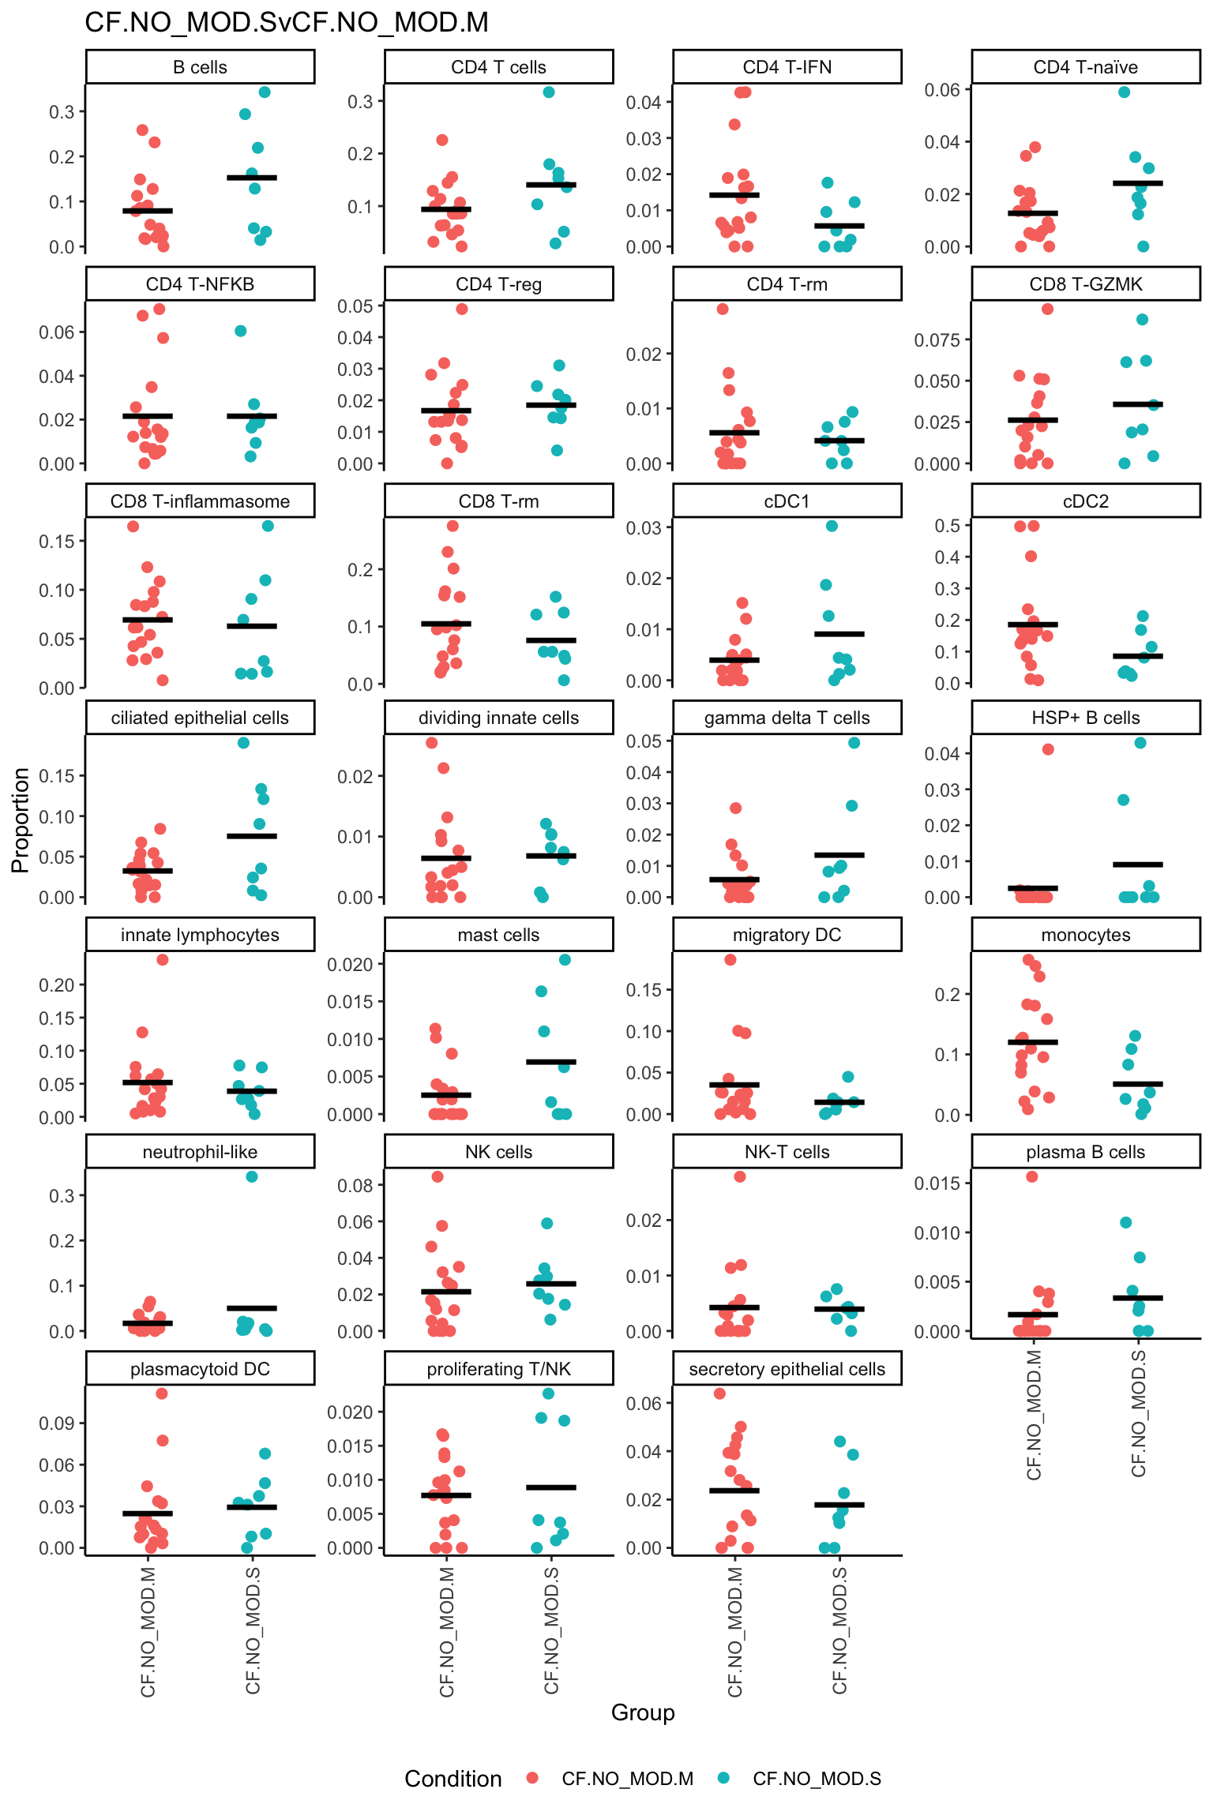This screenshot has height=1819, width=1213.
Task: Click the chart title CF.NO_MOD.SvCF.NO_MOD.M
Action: pyautogui.click(x=286, y=22)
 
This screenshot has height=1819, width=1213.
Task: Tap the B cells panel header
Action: pyautogui.click(x=200, y=67)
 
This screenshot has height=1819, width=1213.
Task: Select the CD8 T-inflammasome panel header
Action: pyautogui.click(x=200, y=501)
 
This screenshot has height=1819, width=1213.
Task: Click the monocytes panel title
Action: pyautogui.click(x=1085, y=935)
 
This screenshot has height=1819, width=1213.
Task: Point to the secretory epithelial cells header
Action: pyautogui.click(x=787, y=1369)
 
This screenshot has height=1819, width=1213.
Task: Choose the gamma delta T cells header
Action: pyautogui.click(x=787, y=718)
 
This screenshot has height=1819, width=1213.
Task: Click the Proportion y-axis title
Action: pyautogui.click(x=21, y=819)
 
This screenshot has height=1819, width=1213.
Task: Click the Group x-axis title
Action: pyautogui.click(x=643, y=1712)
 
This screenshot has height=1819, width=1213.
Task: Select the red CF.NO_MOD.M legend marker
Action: pyautogui.click(x=532, y=1778)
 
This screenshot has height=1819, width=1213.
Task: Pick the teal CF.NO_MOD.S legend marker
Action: pyautogui.click(x=723, y=1778)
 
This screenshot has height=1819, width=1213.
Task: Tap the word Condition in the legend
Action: pyautogui.click(x=453, y=1779)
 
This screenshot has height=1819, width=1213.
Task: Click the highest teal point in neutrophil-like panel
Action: pyautogui.click(x=252, y=1176)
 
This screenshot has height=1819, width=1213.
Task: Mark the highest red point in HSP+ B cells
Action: pyautogui.click(x=1048, y=749)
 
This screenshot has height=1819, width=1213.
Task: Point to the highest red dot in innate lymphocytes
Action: pyautogui.click(x=163, y=960)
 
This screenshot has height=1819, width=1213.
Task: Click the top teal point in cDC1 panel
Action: pyautogui.click(x=832, y=526)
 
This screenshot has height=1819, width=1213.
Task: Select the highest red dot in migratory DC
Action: pyautogui.click(x=730, y=960)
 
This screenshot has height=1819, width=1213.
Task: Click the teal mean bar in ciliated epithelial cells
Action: pyautogui.click(x=252, y=835)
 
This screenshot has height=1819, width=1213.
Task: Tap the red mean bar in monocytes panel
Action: pyautogui.click(x=1032, y=1042)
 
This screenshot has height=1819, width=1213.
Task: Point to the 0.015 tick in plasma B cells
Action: pyautogui.click(x=937, y=1183)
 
